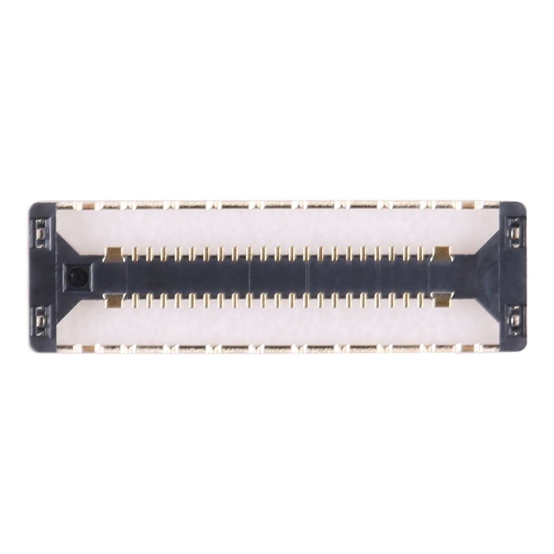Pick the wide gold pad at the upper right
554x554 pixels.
tap(441, 253)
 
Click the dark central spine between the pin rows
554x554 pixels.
tap(277, 277)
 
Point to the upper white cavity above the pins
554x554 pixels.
tap(277, 226)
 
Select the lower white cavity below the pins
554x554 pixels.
tap(277, 328)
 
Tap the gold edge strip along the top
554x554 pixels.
tap(277, 204)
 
